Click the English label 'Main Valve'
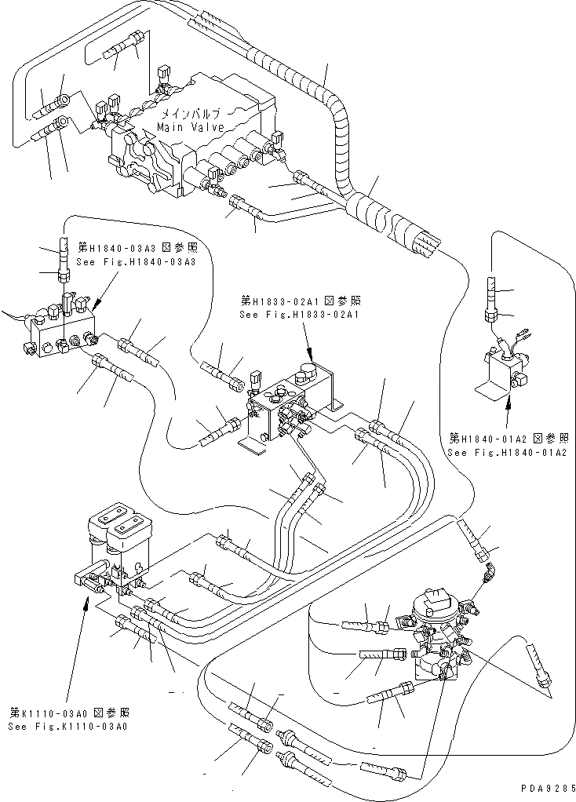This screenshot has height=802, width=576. tap(190, 127)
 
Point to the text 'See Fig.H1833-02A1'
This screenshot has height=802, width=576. tap(299, 315)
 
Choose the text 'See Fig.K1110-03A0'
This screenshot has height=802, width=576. tap(69, 727)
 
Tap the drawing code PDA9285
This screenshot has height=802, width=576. tap(548, 787)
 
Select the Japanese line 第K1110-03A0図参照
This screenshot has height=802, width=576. tap(70, 713)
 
